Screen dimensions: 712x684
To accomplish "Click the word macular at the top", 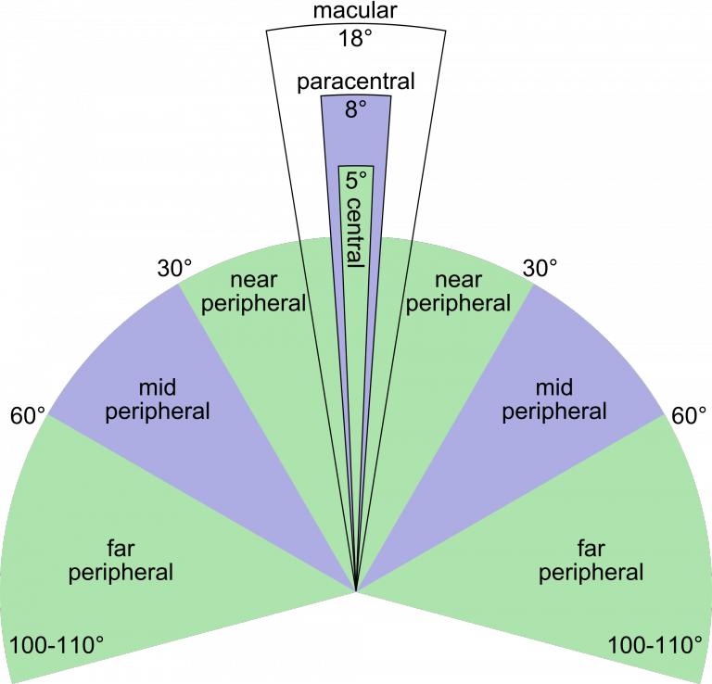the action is click(x=355, y=10).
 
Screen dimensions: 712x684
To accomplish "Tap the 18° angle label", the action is click(x=355, y=38).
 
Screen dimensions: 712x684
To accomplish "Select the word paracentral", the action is click(x=356, y=82).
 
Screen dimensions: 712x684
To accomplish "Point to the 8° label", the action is click(x=356, y=109).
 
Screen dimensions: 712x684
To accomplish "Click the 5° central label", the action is click(x=356, y=220).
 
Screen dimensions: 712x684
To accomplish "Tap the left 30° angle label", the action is click(x=175, y=268).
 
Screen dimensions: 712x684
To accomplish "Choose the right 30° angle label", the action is click(x=540, y=268).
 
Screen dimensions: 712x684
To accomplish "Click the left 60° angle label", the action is click(x=28, y=416).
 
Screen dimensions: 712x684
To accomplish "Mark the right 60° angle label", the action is click(x=689, y=416).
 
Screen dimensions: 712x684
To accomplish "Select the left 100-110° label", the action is click(x=57, y=645).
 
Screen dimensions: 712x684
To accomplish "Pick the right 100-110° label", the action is click(x=655, y=645).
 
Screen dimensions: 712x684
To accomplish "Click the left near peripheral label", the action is click(x=253, y=292).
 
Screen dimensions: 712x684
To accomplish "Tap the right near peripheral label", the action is click(x=458, y=292).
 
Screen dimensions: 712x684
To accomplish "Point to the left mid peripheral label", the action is click(x=157, y=400).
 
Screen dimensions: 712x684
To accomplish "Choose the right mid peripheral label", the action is click(x=554, y=400).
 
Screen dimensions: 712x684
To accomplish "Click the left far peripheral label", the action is click(x=121, y=561).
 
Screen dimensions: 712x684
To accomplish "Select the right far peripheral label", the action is click(x=591, y=561).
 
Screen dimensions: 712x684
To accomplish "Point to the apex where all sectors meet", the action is click(x=356, y=591).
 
